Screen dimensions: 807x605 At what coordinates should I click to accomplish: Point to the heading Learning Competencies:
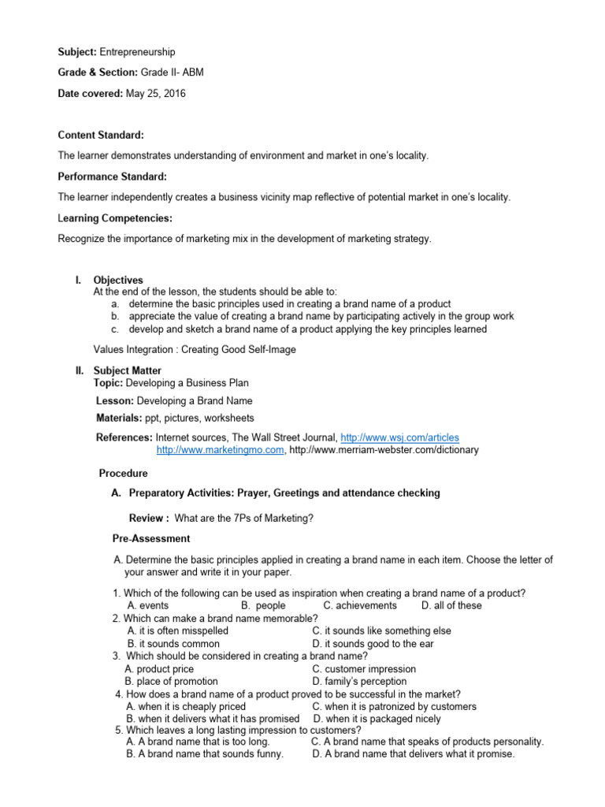point(115,218)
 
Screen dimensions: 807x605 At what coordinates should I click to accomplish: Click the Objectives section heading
point(118,280)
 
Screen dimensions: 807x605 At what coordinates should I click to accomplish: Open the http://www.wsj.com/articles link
point(399,437)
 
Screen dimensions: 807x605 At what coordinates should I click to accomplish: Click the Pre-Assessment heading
point(151,538)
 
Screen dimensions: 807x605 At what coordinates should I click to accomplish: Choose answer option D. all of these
point(451,605)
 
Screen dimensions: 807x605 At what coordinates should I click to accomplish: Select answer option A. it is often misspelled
point(177,630)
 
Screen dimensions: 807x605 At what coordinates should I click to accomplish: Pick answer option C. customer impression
point(364,669)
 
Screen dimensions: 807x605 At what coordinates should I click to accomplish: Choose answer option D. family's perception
point(359,681)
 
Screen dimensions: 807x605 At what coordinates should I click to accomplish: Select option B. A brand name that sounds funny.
point(204,753)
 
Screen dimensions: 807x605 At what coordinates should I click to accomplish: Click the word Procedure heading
point(123,474)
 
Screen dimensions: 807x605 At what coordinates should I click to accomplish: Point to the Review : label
point(148,518)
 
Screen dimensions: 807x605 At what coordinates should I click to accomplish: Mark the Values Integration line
point(183,348)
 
